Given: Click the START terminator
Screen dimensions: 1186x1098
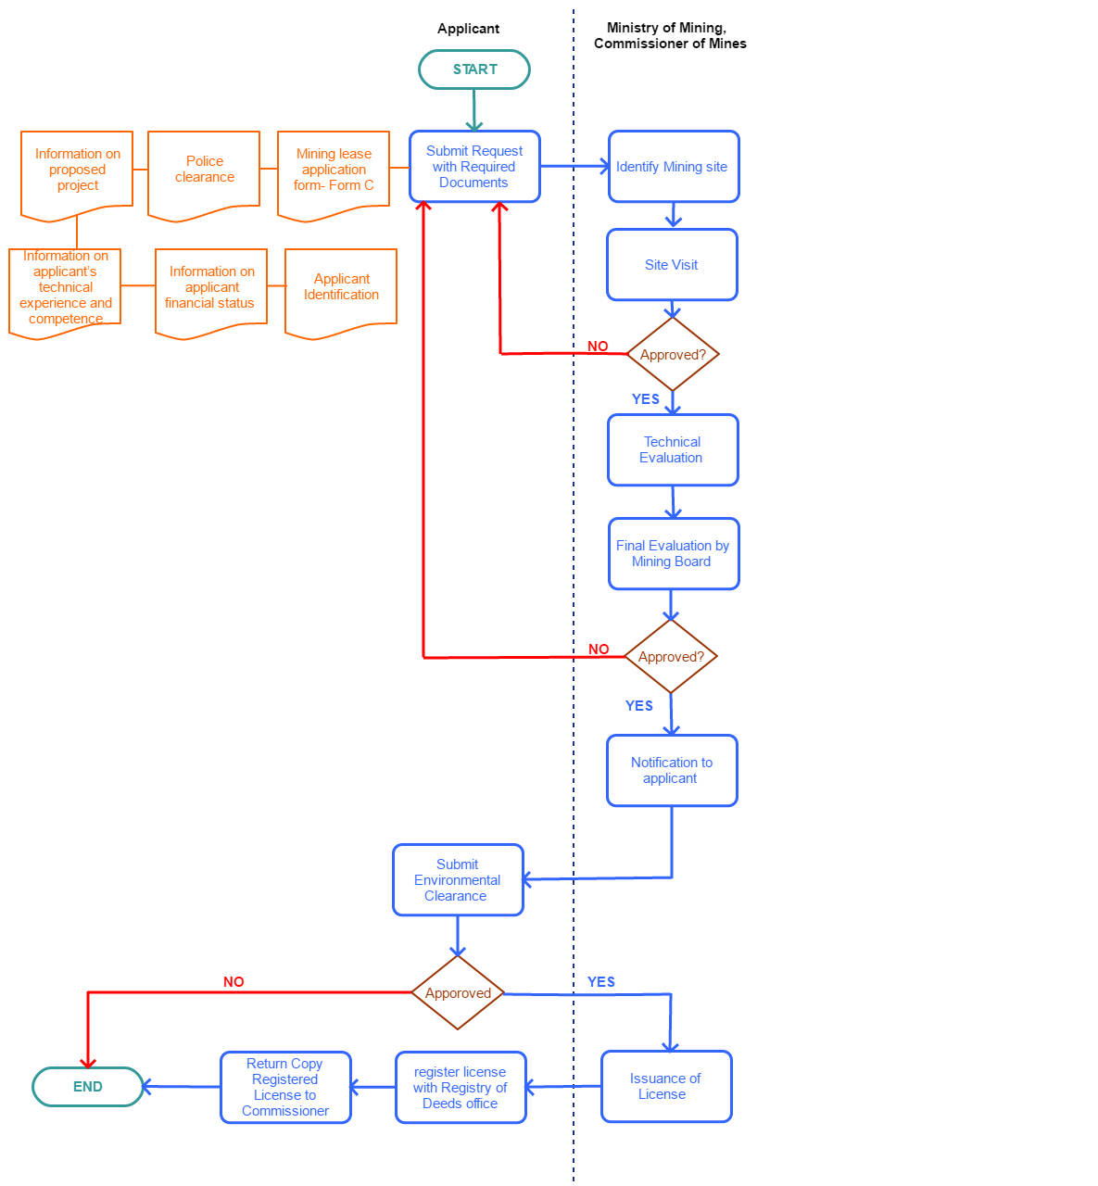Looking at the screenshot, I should pos(474,69).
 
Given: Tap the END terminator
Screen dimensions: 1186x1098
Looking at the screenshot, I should pos(88,1087).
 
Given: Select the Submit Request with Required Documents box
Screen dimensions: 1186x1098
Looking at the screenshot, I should pos(474,167).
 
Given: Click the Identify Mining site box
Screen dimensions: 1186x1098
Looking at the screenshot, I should pos(674,167).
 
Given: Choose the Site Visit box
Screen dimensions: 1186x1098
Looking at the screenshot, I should pos(672,265).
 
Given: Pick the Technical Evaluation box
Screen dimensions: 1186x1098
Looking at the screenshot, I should pos(673,450).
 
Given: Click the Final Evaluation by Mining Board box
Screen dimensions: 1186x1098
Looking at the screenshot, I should pos(674,554).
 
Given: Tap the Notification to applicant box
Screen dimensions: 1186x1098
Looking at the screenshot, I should pos(672,771).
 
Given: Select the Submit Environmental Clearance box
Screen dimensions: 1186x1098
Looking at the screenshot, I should pos(458,880).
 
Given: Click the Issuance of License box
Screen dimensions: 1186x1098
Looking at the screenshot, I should pos(666,1087).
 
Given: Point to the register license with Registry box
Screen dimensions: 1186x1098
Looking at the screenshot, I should pos(461,1088).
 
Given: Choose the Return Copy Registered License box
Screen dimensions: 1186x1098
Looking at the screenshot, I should pos(285,1088).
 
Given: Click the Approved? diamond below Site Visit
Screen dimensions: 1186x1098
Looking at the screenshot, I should pos(673,355).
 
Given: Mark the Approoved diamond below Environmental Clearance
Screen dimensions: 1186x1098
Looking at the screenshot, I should pos(458,993).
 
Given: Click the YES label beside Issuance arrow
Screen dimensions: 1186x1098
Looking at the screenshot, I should pos(601,982).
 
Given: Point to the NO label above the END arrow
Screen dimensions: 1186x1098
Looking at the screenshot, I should pos(233,982).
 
